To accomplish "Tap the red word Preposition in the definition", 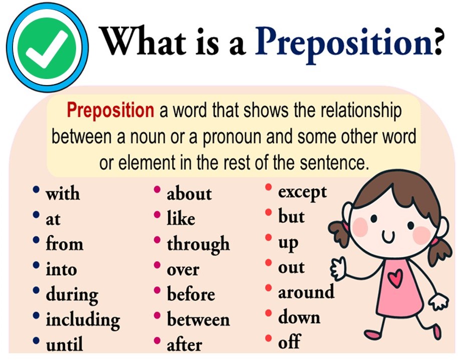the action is point(110,111).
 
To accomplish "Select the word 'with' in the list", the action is point(63,193).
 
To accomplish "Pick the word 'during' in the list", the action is point(72,294).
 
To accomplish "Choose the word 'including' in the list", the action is point(83,319).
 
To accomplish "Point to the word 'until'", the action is point(64,344).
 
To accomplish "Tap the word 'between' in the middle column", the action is point(198,319).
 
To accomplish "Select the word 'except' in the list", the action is point(302,193).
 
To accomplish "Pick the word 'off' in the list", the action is point(289,341).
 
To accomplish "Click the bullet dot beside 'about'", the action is point(157,189).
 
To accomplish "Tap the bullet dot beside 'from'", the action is point(36,240).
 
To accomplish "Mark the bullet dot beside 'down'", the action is point(268,313).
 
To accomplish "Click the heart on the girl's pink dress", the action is point(395,278).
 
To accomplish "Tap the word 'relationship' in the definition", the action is point(360,111).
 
